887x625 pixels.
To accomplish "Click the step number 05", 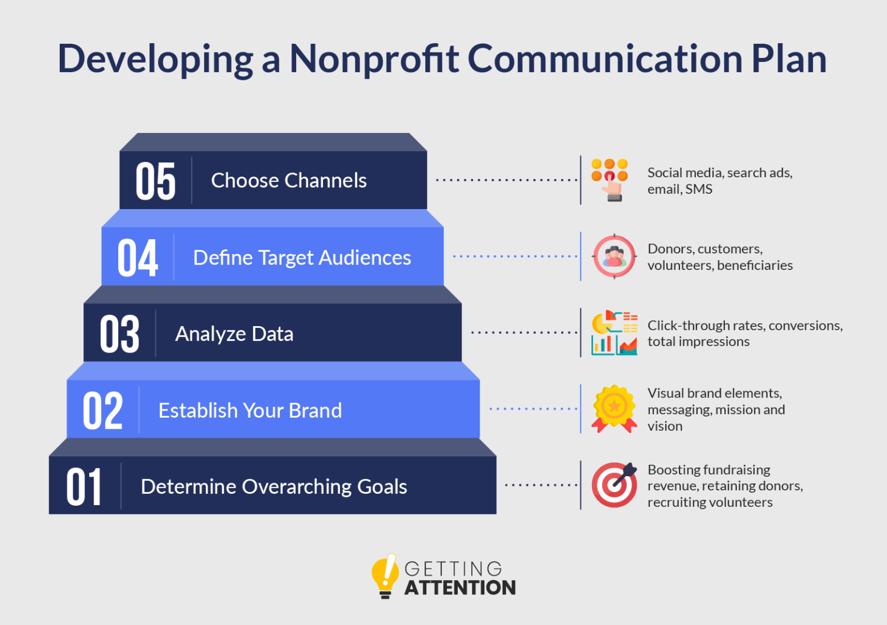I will pyautogui.click(x=156, y=181).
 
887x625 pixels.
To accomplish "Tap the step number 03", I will pyautogui.click(x=119, y=334).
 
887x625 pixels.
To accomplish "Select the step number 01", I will pyautogui.click(x=83, y=487).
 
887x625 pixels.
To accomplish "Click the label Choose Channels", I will pyautogui.click(x=289, y=181).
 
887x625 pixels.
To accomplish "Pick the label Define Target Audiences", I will pyautogui.click(x=302, y=258).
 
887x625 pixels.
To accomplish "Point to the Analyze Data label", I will pyautogui.click(x=234, y=334).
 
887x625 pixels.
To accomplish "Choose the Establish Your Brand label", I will pyautogui.click(x=250, y=411).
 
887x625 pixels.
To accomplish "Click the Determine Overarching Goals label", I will pyautogui.click(x=274, y=487).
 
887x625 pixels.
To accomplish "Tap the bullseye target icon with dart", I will pyautogui.click(x=614, y=485).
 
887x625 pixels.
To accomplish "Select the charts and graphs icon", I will pyautogui.click(x=614, y=333).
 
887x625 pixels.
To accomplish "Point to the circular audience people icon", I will pyautogui.click(x=614, y=256).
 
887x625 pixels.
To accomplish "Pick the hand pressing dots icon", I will pyautogui.click(x=610, y=180).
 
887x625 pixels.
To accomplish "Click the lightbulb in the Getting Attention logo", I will pyautogui.click(x=385, y=575).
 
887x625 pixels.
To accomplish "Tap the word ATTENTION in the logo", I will pyautogui.click(x=460, y=588).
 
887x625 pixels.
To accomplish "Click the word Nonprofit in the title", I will pyautogui.click(x=374, y=59).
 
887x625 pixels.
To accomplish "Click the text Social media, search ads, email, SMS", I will pyautogui.click(x=720, y=181).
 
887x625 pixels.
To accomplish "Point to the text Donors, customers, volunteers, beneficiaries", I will pyautogui.click(x=720, y=257).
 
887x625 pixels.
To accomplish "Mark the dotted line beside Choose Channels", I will pyautogui.click(x=506, y=180).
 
